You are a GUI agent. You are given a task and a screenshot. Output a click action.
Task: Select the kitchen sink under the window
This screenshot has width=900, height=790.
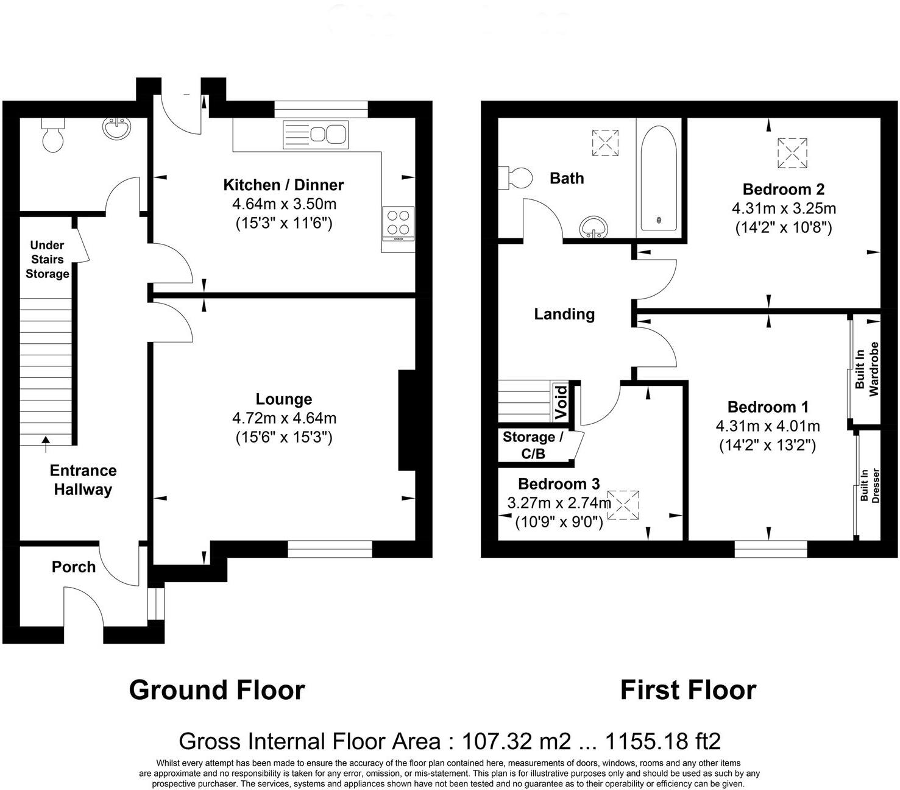click(315, 135)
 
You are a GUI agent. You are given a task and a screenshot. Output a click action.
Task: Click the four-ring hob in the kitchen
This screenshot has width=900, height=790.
click(398, 222)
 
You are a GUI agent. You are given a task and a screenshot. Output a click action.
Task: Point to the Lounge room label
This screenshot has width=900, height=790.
click(283, 399)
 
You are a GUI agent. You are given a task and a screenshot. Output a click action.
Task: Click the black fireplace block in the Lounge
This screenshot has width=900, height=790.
click(406, 420)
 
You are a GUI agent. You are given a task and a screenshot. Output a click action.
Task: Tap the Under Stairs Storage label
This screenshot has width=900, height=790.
click(47, 260)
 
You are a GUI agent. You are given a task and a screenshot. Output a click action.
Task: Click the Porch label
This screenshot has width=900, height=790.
click(74, 567)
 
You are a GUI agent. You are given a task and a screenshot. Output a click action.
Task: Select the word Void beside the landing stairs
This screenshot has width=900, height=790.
click(562, 402)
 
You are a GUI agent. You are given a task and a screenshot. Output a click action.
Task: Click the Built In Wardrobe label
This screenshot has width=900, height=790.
click(866, 369)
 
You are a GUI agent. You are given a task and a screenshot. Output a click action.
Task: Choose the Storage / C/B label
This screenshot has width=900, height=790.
click(533, 445)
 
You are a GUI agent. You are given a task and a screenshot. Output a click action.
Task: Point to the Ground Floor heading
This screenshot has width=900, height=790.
click(217, 690)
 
